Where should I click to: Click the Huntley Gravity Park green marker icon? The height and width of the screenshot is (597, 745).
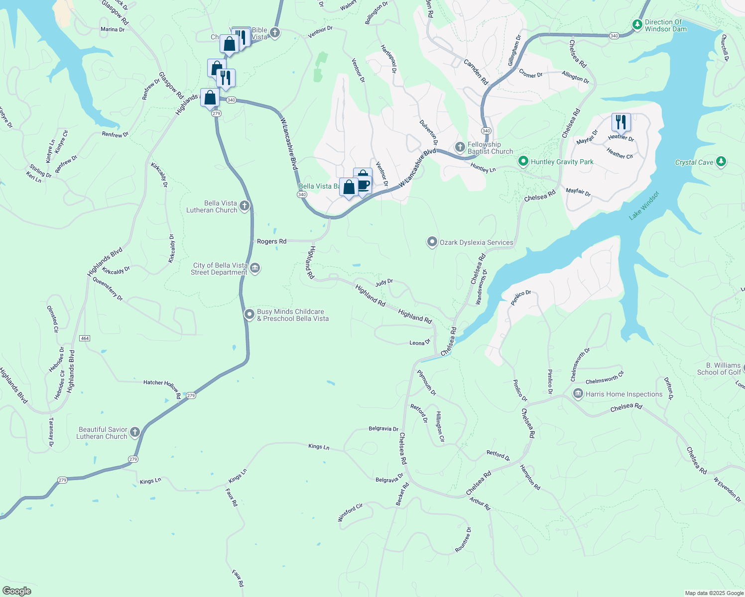pos(523,161)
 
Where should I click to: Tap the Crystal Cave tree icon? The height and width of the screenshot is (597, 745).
pos(721,162)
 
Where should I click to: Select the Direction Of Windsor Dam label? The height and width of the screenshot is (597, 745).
pos(665,25)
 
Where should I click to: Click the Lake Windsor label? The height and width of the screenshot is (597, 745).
pos(643,205)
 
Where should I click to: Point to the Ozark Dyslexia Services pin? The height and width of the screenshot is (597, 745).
pos(432,242)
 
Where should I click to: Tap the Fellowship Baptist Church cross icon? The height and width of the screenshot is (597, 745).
pos(460,147)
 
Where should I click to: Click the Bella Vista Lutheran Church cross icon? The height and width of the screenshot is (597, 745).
pos(244,206)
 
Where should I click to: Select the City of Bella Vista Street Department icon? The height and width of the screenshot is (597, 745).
pos(254,269)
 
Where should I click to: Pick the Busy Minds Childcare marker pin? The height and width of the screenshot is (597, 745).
pos(249,315)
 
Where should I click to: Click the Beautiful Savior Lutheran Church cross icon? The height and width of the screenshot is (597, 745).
pos(135,432)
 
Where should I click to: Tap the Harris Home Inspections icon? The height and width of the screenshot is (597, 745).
pos(578,394)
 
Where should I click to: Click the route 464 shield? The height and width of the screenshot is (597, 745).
pos(85,338)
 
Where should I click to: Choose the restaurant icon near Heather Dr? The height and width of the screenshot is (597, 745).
pos(621,121)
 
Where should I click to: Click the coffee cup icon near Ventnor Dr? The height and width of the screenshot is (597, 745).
pos(364,185)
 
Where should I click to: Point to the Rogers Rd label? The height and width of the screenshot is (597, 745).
pos(271,241)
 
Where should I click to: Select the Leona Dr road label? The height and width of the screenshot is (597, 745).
pos(419,343)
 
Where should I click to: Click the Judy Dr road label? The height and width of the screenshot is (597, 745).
pos(384,282)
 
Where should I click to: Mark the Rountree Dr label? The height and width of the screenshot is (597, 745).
pos(463,540)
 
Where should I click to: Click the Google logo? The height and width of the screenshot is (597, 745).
pos(17,591)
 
